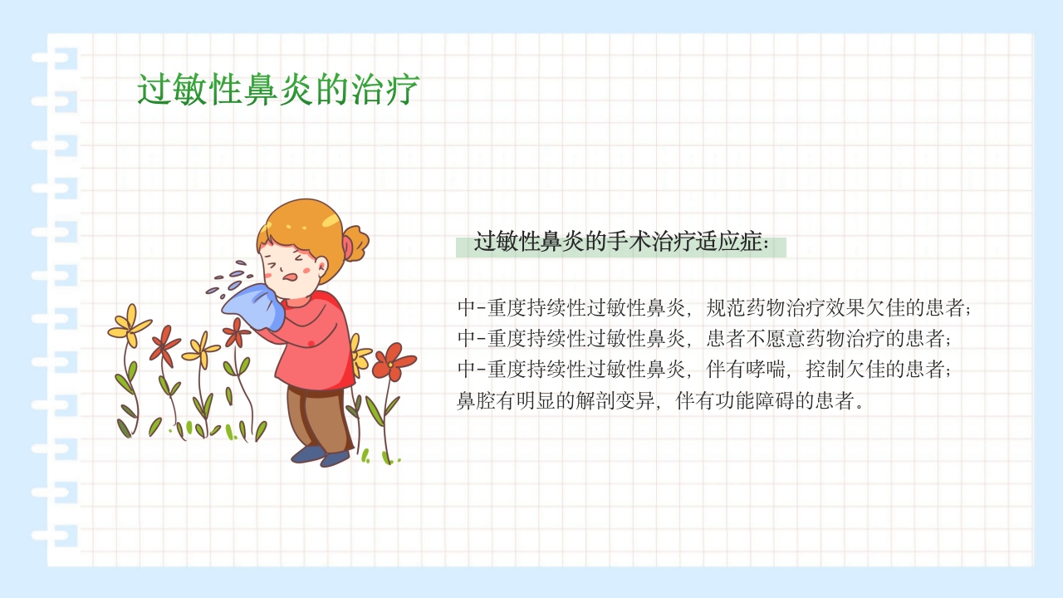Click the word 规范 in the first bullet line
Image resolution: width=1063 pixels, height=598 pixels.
click(725, 308)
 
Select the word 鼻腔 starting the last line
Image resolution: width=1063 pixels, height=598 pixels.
click(477, 401)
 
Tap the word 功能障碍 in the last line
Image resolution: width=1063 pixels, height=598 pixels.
click(756, 401)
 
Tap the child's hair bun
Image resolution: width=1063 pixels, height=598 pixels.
click(356, 243)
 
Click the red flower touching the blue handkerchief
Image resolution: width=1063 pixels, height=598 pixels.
click(236, 332)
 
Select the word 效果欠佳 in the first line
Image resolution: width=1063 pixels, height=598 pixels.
click(856, 308)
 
